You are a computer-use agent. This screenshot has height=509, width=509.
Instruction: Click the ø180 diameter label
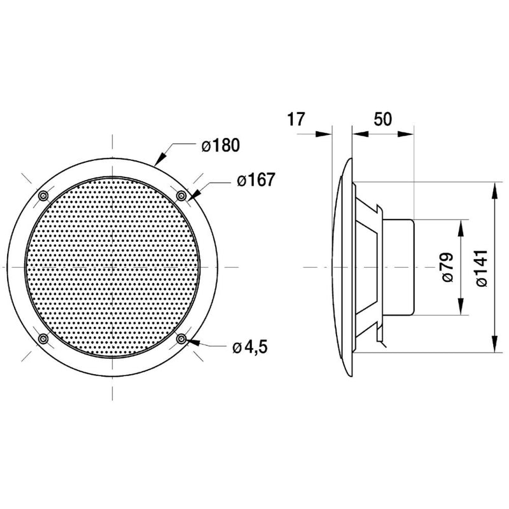pos(220,145)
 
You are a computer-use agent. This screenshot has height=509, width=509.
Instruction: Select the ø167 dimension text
pos(256,179)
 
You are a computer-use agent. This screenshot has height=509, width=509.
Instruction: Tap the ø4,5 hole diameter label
pos(250,347)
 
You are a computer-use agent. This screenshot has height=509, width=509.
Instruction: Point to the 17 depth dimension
pos(296,119)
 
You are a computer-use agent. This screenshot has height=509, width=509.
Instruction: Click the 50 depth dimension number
pos(383,119)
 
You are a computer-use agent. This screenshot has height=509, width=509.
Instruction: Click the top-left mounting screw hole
pos(43,196)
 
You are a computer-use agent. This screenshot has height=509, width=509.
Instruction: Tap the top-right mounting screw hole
pos(181,196)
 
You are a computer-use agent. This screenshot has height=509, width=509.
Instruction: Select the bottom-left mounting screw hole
pos(43,339)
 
